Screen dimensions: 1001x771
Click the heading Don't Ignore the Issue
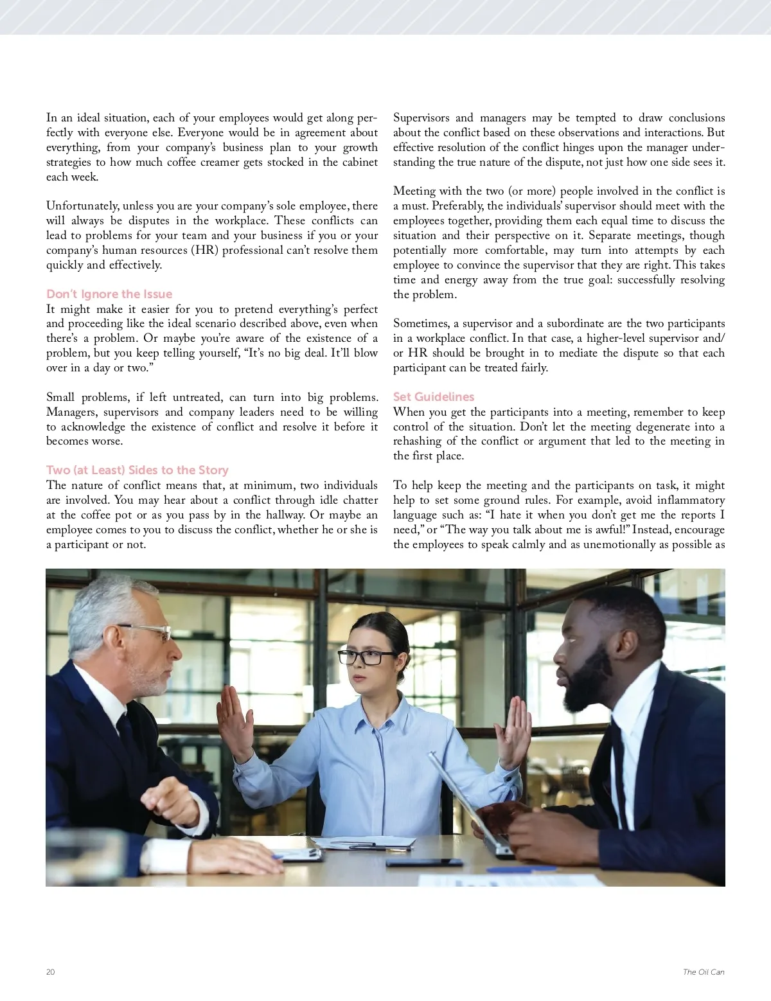pos(109,294)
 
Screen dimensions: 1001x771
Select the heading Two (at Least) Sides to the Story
pos(137,470)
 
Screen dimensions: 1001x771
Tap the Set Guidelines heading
pos(434,397)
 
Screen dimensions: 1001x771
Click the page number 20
pos(51,972)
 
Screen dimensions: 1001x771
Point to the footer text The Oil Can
pos(704,972)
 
